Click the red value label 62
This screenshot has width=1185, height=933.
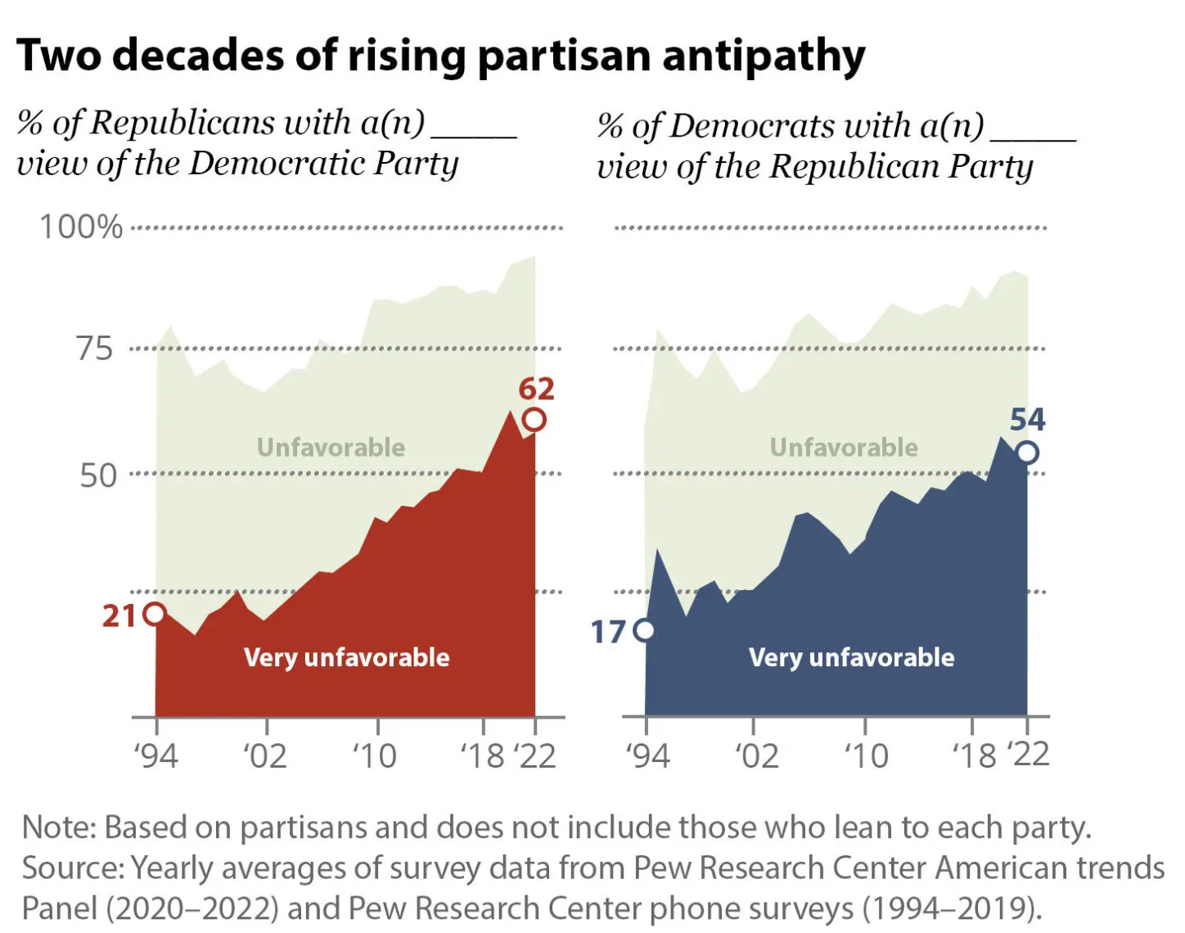536,389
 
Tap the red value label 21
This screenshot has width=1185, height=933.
119,615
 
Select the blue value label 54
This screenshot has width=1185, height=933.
1027,420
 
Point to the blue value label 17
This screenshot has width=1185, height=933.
608,632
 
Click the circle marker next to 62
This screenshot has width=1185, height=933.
534,420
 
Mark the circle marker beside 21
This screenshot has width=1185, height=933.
154,614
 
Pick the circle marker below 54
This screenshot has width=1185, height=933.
1027,453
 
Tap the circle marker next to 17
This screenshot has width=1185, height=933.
645,630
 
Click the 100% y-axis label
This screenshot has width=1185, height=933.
81,227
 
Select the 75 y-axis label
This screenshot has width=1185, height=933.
95,349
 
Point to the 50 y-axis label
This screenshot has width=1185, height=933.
97,476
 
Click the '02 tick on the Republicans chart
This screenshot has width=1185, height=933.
265,755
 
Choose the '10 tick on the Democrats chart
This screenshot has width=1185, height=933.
866,755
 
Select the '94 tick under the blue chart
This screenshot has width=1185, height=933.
647,755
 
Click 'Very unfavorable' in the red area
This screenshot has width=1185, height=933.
346,657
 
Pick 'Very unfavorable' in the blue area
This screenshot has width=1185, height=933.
851,657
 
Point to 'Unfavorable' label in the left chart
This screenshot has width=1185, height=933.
331,448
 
